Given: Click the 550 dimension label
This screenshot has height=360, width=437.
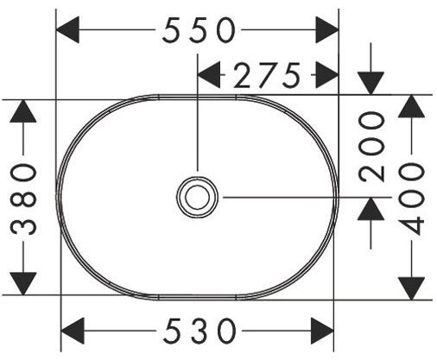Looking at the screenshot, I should click(x=199, y=31).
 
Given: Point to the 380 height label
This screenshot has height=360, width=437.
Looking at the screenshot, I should click(x=26, y=197).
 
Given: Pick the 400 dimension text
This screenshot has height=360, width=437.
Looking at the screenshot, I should click(x=414, y=197).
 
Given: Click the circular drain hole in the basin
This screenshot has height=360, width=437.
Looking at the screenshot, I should click(x=197, y=197).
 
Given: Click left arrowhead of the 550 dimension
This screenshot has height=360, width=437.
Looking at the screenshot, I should click(x=69, y=31).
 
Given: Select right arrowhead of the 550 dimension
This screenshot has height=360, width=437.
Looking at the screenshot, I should click(x=326, y=31).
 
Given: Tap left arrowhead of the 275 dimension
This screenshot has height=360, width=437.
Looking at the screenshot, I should click(x=210, y=76).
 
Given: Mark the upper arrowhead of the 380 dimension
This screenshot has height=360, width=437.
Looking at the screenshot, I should click(x=25, y=111).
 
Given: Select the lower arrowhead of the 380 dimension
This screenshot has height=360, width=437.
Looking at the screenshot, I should click(x=25, y=281).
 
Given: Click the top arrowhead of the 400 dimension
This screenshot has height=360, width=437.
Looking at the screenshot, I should click(x=413, y=106).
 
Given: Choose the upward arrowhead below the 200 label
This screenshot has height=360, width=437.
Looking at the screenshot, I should click(x=371, y=209).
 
